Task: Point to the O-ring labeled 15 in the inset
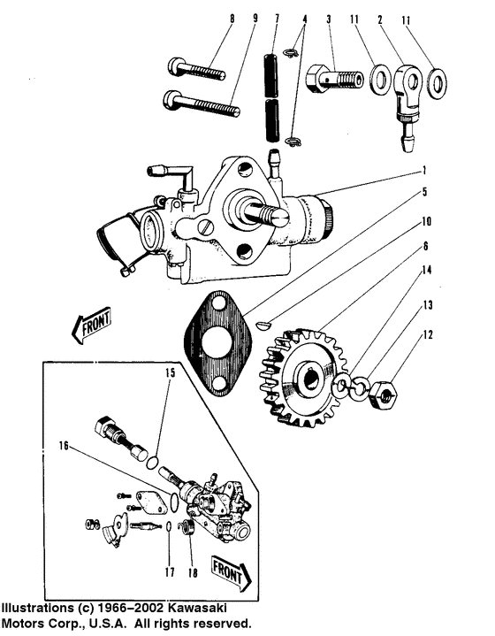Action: click(151, 462)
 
